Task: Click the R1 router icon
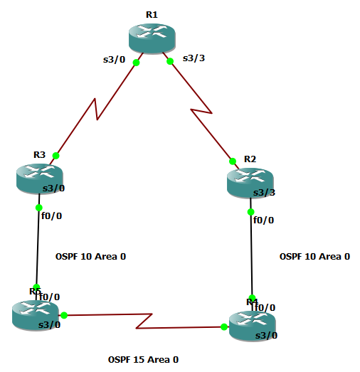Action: coord(152,36)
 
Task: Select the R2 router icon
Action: coord(250,182)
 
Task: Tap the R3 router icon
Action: coord(40,177)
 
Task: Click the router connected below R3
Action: coord(36,315)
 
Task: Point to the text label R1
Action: coord(152,14)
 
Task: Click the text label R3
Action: coord(39,154)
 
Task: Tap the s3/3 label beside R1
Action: coord(194,58)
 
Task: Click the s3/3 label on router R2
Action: coord(265,193)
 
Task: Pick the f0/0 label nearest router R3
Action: coord(52,216)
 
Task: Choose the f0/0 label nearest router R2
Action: coord(263,220)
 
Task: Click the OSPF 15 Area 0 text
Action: coord(143,359)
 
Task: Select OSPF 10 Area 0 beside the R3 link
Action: coord(90,256)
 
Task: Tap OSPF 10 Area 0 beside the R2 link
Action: coord(314,256)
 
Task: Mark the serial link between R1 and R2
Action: coord(202,110)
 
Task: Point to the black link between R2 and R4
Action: coord(251,256)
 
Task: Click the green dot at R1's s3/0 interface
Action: coord(136,62)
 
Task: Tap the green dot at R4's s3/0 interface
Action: coord(224,326)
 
